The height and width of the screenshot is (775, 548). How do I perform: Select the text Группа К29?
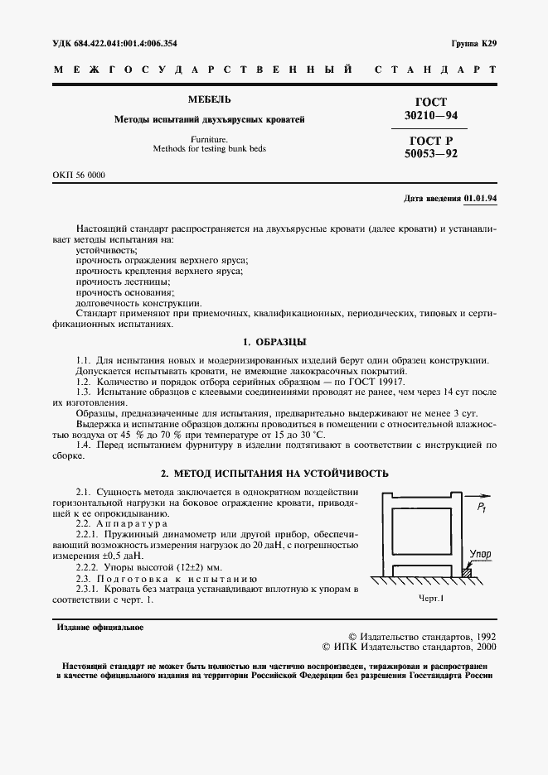coord(473,42)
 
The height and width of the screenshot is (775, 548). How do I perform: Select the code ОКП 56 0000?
coord(79,176)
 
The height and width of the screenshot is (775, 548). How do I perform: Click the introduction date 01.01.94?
coord(480,199)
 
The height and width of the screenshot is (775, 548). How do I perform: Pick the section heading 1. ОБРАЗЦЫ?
coord(274,341)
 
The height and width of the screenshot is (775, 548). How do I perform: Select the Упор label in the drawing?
coord(480,552)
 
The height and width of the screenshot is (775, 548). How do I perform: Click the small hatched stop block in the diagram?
coord(467,570)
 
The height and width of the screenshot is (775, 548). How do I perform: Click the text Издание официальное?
coord(99,627)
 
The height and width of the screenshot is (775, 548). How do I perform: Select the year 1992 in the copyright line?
coord(481,638)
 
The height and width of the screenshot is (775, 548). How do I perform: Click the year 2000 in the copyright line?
coord(481,650)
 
